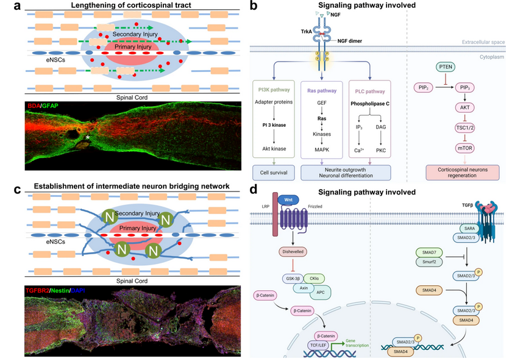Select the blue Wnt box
point(285,199)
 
